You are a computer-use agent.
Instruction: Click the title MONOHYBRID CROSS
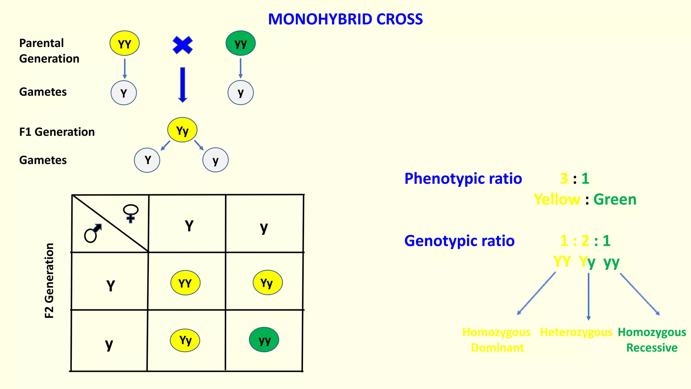345,19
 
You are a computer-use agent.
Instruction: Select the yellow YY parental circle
125,43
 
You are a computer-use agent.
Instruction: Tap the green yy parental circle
241,43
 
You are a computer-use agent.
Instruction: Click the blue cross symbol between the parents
183,45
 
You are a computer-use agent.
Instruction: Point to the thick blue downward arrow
183,84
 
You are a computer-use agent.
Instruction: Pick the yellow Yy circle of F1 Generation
182,130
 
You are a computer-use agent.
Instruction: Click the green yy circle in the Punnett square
264,340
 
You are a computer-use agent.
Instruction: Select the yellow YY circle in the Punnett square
185,283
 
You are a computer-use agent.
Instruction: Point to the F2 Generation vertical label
49,281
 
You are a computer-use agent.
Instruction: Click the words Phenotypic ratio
463,179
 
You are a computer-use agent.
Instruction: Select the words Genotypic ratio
459,241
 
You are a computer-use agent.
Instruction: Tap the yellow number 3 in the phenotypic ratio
564,178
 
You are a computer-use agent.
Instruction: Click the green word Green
615,199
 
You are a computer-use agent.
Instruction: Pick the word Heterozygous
576,332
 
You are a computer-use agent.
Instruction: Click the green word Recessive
652,348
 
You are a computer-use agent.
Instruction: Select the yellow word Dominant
497,348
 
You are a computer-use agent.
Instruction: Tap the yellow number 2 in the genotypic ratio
585,241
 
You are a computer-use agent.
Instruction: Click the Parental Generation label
49,51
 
